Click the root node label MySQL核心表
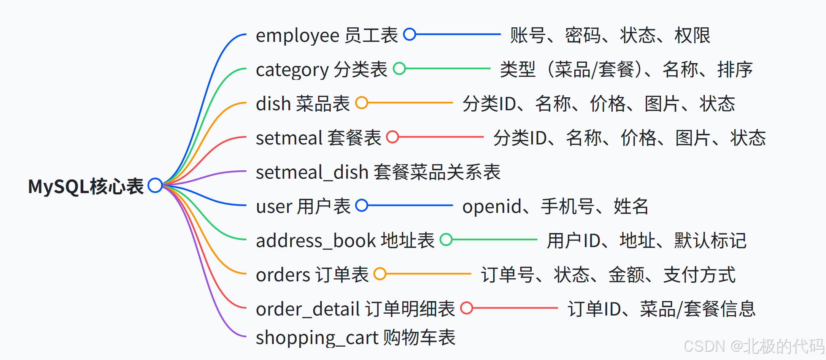point(86,186)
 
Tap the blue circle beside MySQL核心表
point(155,186)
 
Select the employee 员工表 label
point(327,35)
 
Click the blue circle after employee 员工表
point(410,34)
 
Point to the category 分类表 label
point(321,70)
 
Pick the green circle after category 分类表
point(399,69)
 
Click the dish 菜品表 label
point(303,104)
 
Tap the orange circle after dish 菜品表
point(362,103)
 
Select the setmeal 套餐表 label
point(318,138)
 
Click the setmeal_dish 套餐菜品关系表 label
point(378,172)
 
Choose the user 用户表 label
point(303,206)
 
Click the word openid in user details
point(492,207)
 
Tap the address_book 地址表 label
point(345,241)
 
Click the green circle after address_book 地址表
point(446,240)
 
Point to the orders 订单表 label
point(312,275)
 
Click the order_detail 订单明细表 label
point(355,309)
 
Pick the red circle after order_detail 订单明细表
point(467,308)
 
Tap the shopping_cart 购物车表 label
point(356,338)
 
